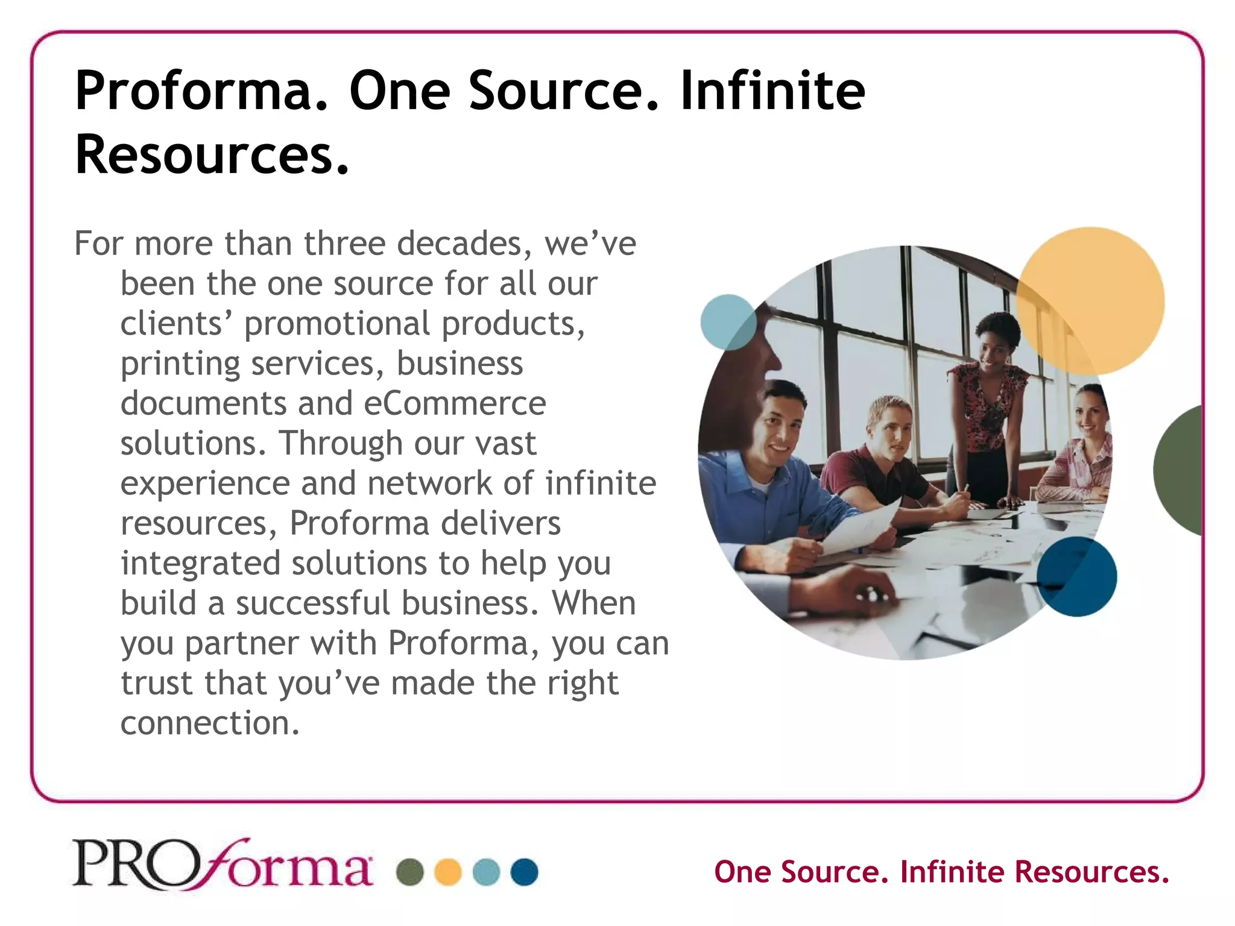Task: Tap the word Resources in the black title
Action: click(x=211, y=156)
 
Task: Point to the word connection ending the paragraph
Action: click(x=209, y=723)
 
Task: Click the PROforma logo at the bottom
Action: click(x=222, y=865)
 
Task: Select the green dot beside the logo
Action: click(x=410, y=872)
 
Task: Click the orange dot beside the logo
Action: click(x=448, y=872)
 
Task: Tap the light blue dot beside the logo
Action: click(x=486, y=872)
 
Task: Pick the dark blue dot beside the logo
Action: click(x=524, y=872)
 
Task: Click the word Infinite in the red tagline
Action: click(x=952, y=872)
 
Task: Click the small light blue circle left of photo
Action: click(x=728, y=323)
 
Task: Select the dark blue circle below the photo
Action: click(x=1077, y=576)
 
